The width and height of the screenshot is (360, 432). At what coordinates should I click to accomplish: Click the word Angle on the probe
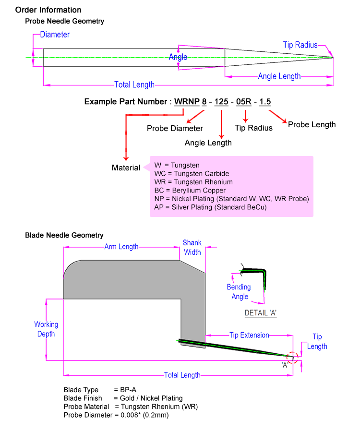178,57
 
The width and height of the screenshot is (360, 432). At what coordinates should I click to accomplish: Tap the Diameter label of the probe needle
55,35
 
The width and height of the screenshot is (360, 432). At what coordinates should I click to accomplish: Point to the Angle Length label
279,76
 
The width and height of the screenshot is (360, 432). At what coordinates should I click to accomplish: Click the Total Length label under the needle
134,84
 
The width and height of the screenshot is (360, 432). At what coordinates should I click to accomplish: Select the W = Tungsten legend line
177,165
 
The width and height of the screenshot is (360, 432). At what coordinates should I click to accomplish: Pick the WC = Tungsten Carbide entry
192,174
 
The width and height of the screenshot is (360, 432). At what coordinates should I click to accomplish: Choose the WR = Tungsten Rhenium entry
193,182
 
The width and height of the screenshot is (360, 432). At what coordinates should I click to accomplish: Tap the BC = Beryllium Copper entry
190,191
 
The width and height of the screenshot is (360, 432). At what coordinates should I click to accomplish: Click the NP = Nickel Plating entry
231,199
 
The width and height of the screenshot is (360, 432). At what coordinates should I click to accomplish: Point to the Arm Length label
121,247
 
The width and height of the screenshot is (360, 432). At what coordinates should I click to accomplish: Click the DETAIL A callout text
260,312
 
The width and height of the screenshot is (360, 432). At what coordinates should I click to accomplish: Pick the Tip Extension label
249,335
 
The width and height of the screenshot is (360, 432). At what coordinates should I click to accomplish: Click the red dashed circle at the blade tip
292,357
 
